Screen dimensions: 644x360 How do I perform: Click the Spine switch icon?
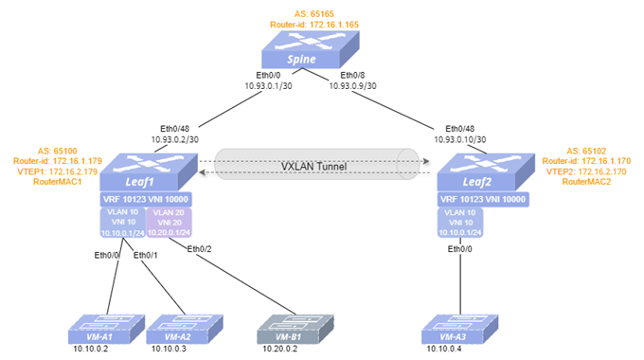311,49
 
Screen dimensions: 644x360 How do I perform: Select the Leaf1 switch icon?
149,172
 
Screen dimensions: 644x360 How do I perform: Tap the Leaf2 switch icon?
486,172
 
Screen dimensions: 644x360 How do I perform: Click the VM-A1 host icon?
106,329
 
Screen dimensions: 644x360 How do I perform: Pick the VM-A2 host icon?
185,329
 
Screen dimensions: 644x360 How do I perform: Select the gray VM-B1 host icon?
295,329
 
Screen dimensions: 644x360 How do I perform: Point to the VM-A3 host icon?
460,329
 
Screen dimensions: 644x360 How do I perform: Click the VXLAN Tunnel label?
313,167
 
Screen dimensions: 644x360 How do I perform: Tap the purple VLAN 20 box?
170,223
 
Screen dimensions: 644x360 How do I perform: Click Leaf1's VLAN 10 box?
123,223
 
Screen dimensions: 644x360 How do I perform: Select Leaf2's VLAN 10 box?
460,223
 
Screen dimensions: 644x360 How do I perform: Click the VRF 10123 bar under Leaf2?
483,199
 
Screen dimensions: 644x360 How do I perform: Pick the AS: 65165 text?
313,14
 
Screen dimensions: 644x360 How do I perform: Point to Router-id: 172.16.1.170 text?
586,161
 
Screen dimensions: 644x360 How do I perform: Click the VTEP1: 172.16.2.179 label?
58,171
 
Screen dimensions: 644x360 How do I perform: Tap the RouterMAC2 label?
586,182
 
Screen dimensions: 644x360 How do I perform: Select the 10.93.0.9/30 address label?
352,86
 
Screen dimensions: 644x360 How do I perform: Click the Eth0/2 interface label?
199,249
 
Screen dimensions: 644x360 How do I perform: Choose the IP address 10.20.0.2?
279,349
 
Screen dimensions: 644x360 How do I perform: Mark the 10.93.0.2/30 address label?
174,139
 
